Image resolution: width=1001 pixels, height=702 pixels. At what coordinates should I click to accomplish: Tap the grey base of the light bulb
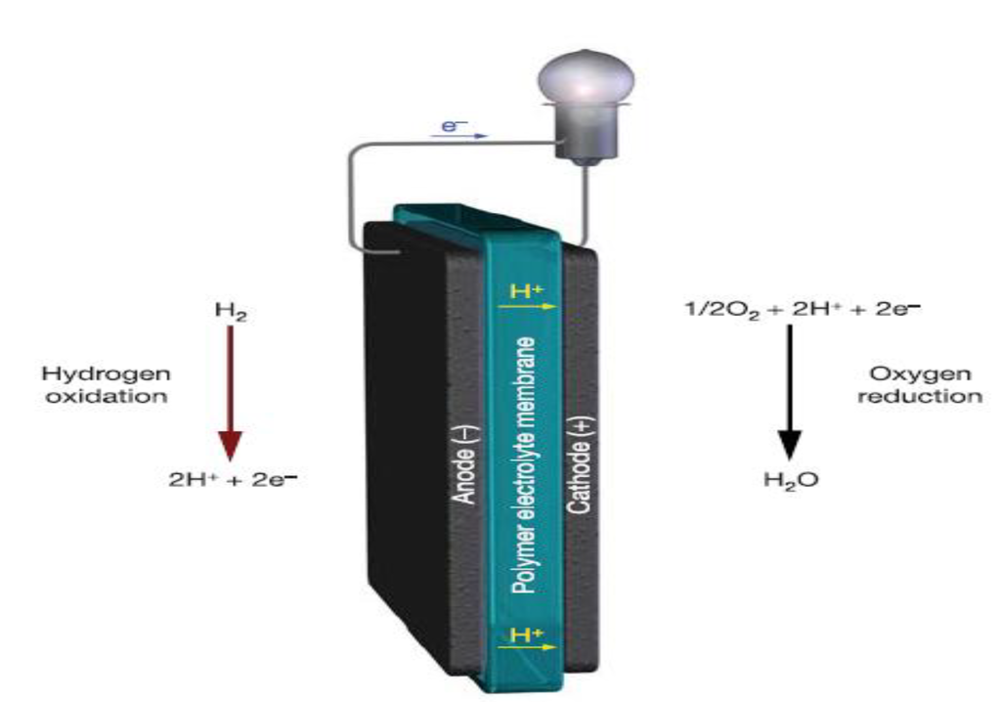[584, 138]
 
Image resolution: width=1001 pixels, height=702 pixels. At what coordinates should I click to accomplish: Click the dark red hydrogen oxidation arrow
[229, 391]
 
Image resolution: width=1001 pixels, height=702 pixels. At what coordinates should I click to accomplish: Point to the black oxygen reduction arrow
[790, 391]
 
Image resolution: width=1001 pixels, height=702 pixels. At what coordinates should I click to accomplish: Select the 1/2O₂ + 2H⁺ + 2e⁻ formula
[802, 310]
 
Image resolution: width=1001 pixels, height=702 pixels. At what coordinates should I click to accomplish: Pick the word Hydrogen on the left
[106, 374]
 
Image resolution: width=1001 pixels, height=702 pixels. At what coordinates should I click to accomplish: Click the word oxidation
[107, 396]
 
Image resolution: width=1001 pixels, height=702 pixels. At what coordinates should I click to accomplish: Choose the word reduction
[920, 396]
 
